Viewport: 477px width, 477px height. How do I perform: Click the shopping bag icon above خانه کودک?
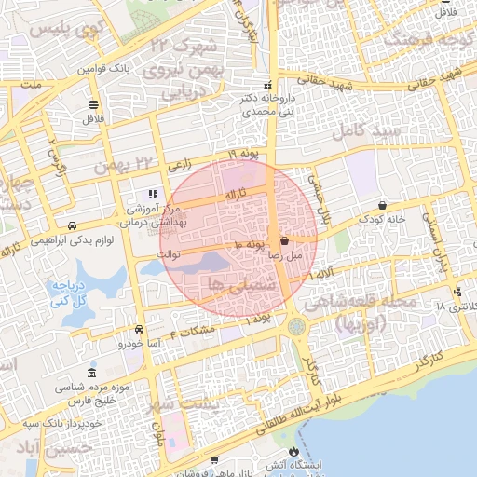[383, 205]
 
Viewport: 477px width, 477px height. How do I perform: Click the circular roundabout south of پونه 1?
[297, 326]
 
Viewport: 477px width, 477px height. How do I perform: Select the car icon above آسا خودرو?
[139, 329]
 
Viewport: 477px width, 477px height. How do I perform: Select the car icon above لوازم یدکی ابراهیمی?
[72, 226]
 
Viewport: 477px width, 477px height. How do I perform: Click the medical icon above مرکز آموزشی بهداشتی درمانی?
[152, 195]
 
